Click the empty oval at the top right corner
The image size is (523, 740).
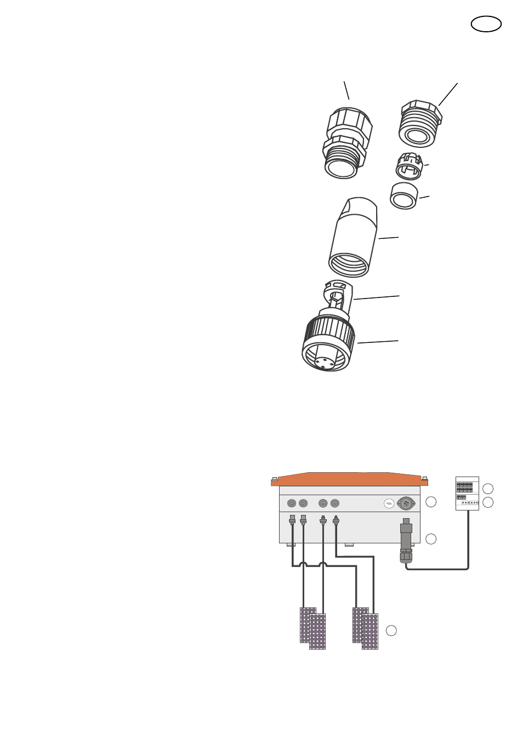pos(486,24)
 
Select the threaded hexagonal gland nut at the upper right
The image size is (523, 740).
pos(420,124)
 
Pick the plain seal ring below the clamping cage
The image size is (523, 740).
pos(404,196)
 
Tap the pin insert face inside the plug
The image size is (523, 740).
pos(325,362)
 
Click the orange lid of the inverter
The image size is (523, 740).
pos(349,479)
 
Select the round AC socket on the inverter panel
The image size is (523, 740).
pos(406,503)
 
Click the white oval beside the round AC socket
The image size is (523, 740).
pos(389,503)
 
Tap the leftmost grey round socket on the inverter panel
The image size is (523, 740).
pos(292,503)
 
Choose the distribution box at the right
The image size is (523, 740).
pos(467,493)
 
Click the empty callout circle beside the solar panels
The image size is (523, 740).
pos(391,630)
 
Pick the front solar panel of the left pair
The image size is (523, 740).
pos(317,632)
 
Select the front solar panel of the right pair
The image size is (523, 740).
pos(370,632)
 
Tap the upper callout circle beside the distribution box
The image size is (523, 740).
pos(488,489)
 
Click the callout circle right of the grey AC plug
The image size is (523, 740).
pos(431,539)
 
